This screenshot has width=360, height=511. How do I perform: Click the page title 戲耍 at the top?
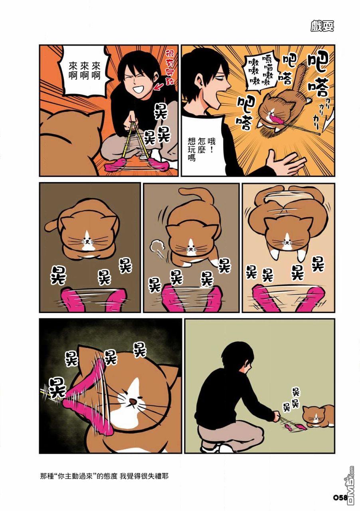pyautogui.click(x=322, y=26)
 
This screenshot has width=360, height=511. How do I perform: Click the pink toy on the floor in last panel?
pyautogui.click(x=295, y=428)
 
